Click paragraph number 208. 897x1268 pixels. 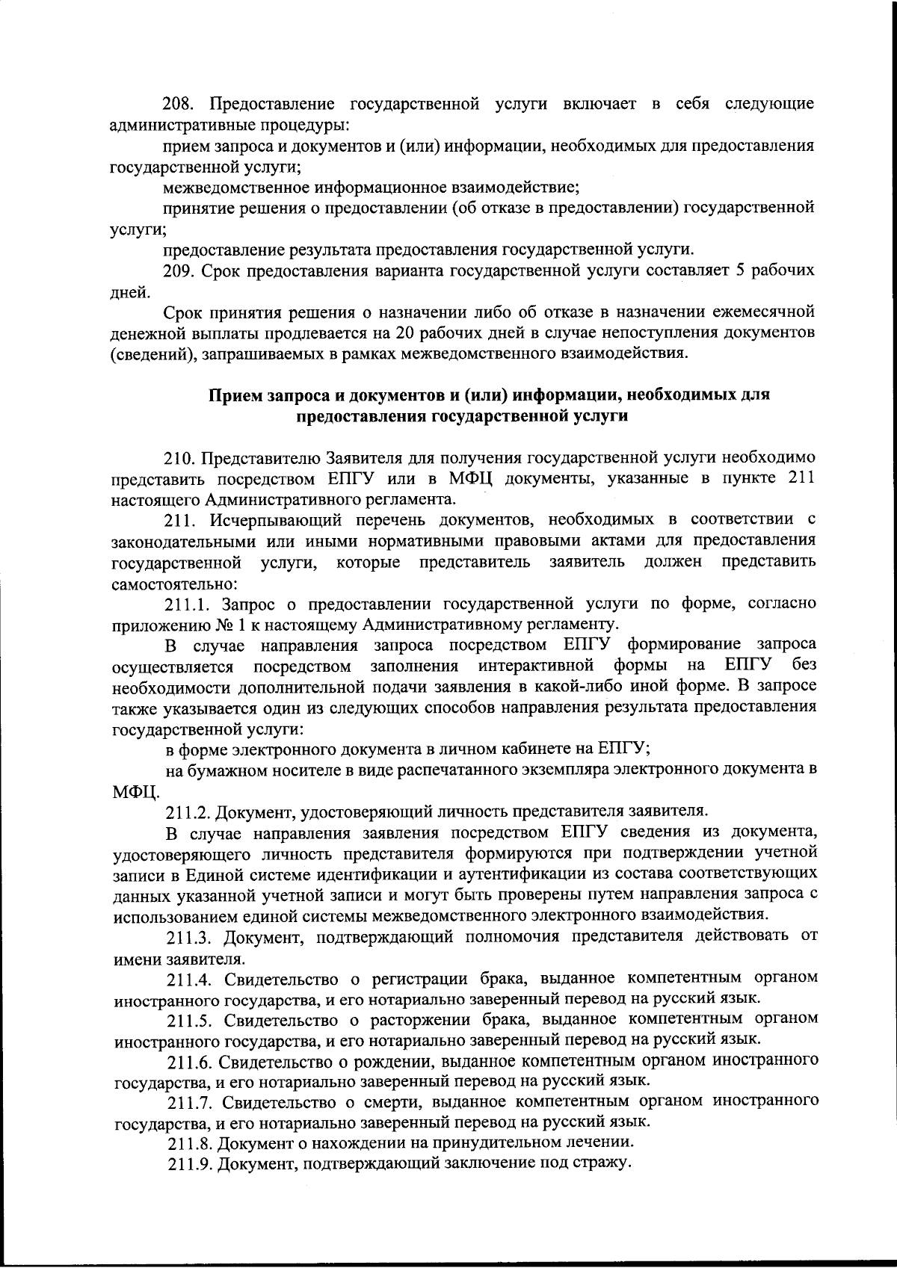[x=179, y=103]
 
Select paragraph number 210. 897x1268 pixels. [x=180, y=457]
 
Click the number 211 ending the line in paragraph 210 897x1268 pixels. [x=801, y=477]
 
